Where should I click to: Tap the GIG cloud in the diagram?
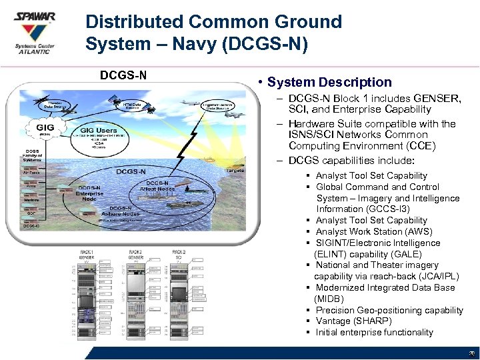click(x=45, y=128)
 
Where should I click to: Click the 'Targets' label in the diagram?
click(x=235, y=171)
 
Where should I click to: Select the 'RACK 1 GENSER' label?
click(x=86, y=253)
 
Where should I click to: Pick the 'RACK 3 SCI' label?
click(x=179, y=253)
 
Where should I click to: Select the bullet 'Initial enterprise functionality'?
click(x=374, y=332)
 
